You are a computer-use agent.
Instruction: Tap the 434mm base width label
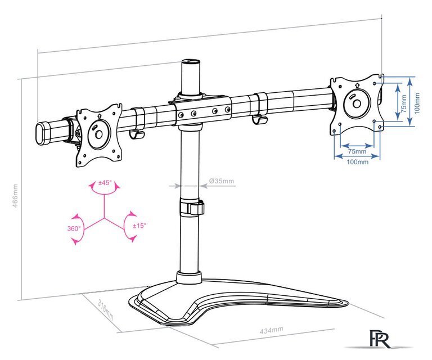click(x=271, y=331)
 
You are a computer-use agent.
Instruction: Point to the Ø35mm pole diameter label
click(x=221, y=181)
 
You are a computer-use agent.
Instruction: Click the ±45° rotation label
click(x=105, y=183)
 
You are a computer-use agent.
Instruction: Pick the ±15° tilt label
click(x=139, y=226)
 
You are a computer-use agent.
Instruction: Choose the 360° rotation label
click(x=74, y=228)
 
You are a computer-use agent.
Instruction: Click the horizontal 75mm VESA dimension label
click(x=355, y=151)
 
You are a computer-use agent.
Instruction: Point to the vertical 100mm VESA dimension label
click(x=417, y=102)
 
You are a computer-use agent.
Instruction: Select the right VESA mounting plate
click(x=354, y=103)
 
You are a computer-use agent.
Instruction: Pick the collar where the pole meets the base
click(x=188, y=277)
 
